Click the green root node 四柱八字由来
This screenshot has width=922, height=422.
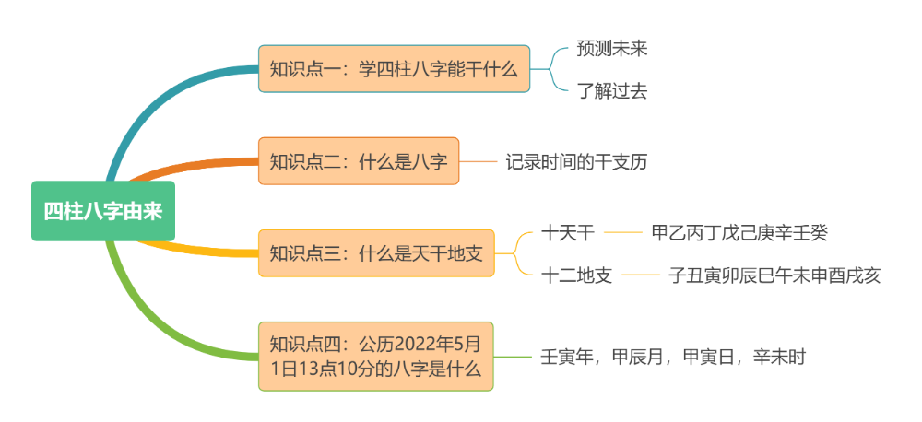point(102,211)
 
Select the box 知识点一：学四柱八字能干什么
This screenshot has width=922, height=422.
point(394,68)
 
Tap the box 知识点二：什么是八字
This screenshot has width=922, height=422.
point(358,161)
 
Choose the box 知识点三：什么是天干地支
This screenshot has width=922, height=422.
point(375,253)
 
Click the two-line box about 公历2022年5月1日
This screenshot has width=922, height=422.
point(375,356)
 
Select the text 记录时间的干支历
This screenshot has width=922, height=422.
point(576,162)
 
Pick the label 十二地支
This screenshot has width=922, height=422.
point(577,275)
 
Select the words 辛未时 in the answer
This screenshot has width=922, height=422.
point(779,357)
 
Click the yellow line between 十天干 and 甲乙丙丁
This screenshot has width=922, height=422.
point(622,233)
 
